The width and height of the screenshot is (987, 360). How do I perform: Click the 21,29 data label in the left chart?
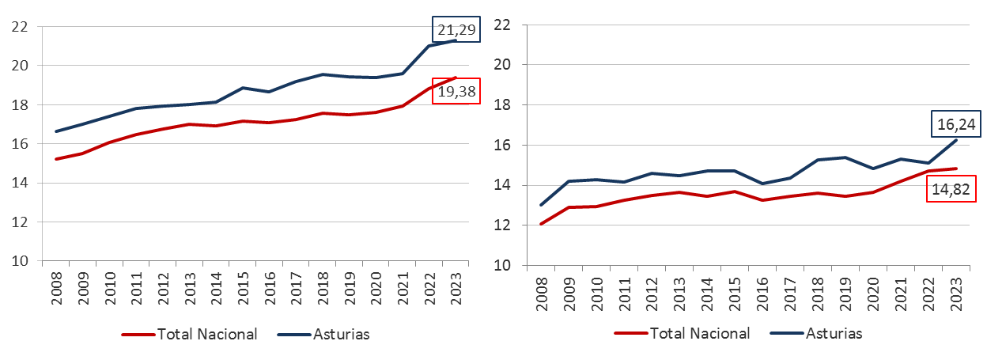[455, 30]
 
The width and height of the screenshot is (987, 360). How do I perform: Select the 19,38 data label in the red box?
[458, 91]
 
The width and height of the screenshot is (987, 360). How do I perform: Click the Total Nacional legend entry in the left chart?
[207, 334]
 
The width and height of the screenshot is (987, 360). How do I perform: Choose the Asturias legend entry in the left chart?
[341, 334]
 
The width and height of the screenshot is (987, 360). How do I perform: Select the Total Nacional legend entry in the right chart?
[700, 333]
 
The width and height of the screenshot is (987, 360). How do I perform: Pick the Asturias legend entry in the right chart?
[834, 333]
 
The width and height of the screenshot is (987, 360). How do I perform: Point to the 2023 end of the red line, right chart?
[957, 169]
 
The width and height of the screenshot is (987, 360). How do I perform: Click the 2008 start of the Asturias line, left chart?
[55, 131]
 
